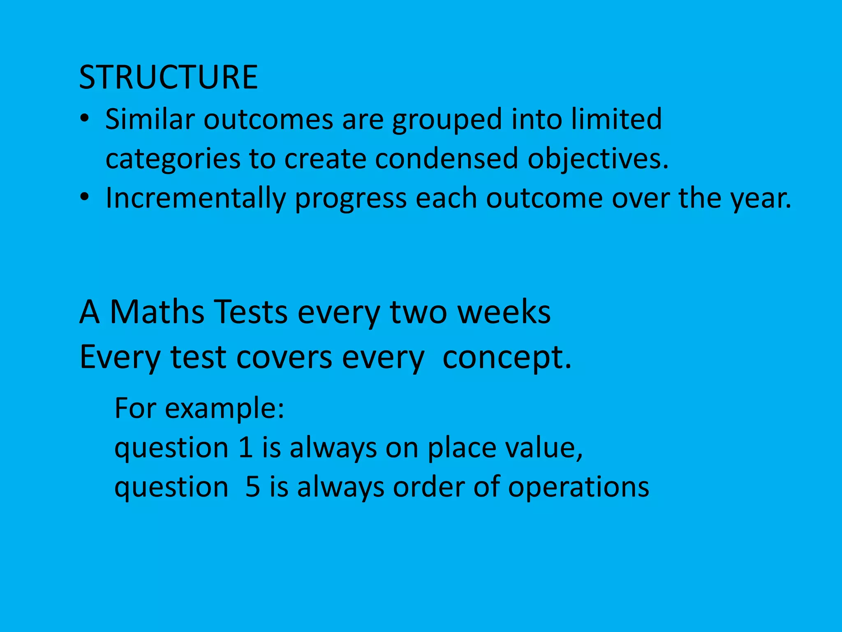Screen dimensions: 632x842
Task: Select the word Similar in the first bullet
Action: [150, 119]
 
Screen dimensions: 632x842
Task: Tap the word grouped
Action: [447, 120]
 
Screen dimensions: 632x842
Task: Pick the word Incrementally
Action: [195, 198]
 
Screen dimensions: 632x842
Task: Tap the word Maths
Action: [157, 311]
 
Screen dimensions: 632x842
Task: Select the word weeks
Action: [504, 311]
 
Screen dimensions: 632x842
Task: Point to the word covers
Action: [284, 357]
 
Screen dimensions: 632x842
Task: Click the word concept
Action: [507, 358]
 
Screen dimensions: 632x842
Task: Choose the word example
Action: [224, 409]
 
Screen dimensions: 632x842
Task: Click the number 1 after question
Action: [245, 447]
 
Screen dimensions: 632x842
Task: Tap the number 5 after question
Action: [252, 486]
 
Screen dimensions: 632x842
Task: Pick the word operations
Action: [578, 487]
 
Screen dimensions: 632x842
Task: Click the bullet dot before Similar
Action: [84, 119]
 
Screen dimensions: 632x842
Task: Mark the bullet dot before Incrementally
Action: [84, 197]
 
